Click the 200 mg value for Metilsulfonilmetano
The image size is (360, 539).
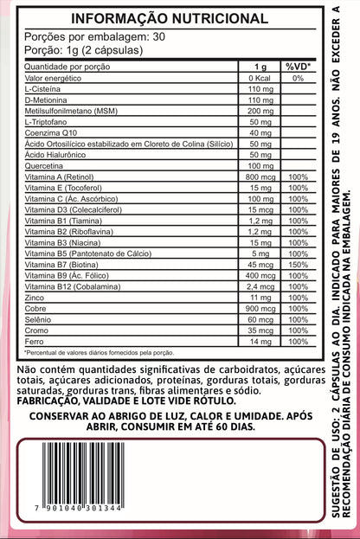(259, 111)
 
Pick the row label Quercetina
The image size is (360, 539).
(44, 165)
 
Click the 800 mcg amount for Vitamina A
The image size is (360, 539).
(259, 176)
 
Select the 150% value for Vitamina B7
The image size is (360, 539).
(298, 264)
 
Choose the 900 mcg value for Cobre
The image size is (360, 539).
(259, 308)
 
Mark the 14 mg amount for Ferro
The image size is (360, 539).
(259, 341)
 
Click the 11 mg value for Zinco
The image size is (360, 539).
(259, 297)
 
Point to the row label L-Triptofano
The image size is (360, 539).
(47, 121)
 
